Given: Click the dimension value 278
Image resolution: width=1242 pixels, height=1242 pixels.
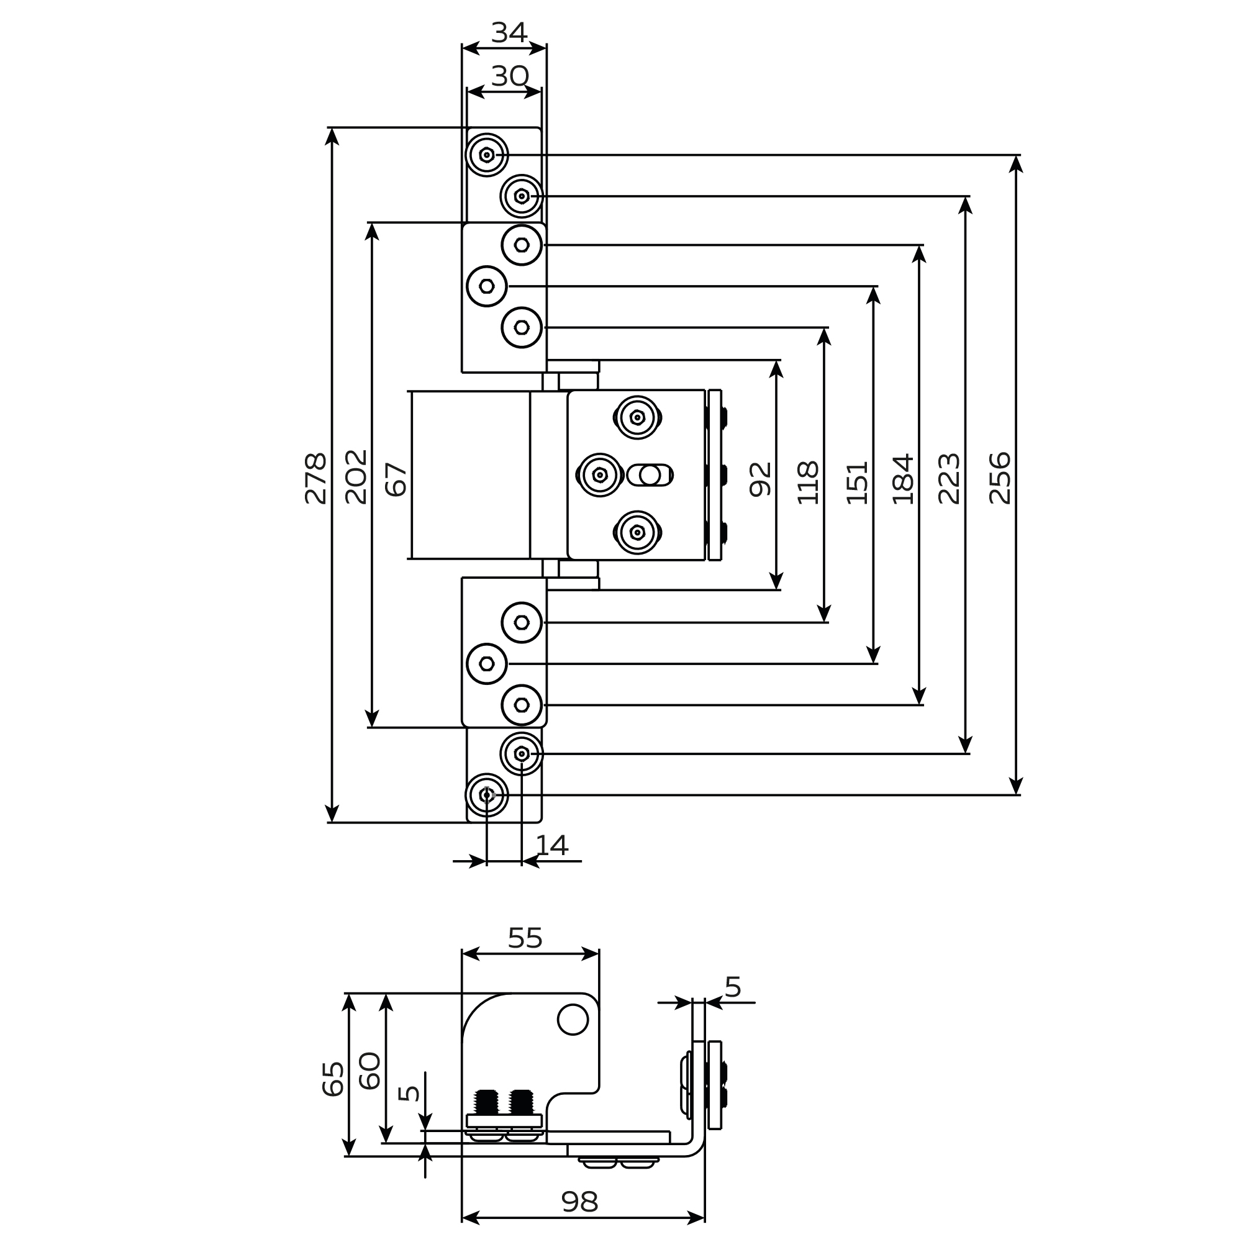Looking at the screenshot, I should (316, 478).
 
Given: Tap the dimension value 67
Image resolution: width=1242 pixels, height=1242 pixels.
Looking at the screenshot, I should (397, 479).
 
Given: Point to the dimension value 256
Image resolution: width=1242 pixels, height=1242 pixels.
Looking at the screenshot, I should (1000, 478).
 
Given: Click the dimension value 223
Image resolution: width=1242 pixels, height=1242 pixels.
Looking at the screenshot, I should (950, 479).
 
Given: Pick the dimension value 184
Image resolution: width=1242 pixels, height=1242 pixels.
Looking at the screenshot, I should (903, 479).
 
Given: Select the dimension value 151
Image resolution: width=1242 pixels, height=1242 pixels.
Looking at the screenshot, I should (858, 483).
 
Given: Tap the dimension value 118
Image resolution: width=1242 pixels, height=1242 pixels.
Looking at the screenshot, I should (809, 483).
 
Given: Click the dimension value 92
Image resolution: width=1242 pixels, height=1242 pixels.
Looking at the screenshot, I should (761, 479).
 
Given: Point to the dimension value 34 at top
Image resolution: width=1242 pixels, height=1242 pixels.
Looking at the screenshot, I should (509, 33).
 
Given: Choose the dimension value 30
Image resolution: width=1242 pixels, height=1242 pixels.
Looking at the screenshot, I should (510, 76).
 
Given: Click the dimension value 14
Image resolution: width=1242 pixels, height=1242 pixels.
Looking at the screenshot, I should (551, 845).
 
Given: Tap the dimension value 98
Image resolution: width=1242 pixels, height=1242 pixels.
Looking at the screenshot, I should (580, 1202).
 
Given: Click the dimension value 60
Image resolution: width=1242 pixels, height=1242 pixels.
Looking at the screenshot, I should (370, 1071).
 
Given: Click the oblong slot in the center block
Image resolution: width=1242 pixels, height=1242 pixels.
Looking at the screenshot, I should (650, 475).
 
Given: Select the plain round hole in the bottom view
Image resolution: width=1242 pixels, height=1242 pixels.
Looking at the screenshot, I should (572, 1019).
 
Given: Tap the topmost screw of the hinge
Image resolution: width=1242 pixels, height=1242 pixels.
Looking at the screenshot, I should (487, 155).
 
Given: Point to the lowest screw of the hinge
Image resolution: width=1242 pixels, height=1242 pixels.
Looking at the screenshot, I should (487, 795).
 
